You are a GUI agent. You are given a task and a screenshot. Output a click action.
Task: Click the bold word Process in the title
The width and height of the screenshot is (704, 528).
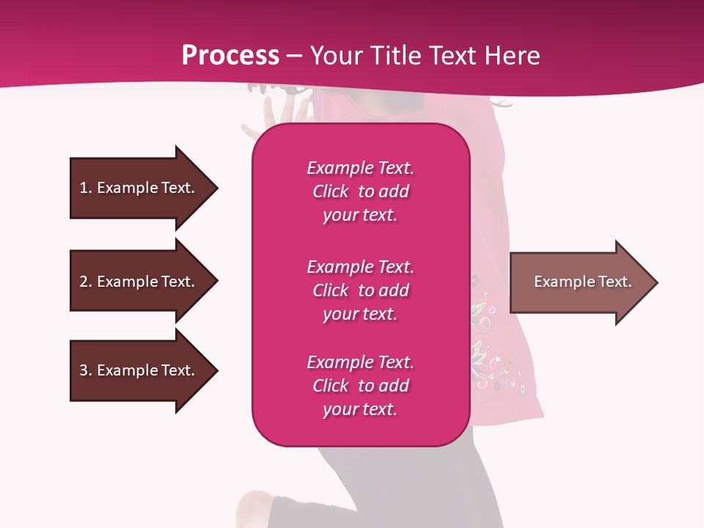230,56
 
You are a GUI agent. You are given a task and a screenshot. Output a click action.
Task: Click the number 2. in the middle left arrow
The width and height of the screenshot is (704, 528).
85,282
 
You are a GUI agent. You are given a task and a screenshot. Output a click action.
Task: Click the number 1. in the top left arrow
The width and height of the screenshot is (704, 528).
85,188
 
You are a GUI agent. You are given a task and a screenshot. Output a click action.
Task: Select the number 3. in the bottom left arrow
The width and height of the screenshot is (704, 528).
85,370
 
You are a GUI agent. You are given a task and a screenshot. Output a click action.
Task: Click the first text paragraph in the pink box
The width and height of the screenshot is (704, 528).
360,191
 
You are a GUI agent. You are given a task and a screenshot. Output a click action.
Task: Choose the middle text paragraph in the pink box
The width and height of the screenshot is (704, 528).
360,290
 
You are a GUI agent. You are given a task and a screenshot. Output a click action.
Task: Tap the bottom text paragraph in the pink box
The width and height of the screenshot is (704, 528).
360,386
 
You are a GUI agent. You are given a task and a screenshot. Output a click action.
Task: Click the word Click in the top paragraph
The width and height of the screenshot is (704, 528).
331,191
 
